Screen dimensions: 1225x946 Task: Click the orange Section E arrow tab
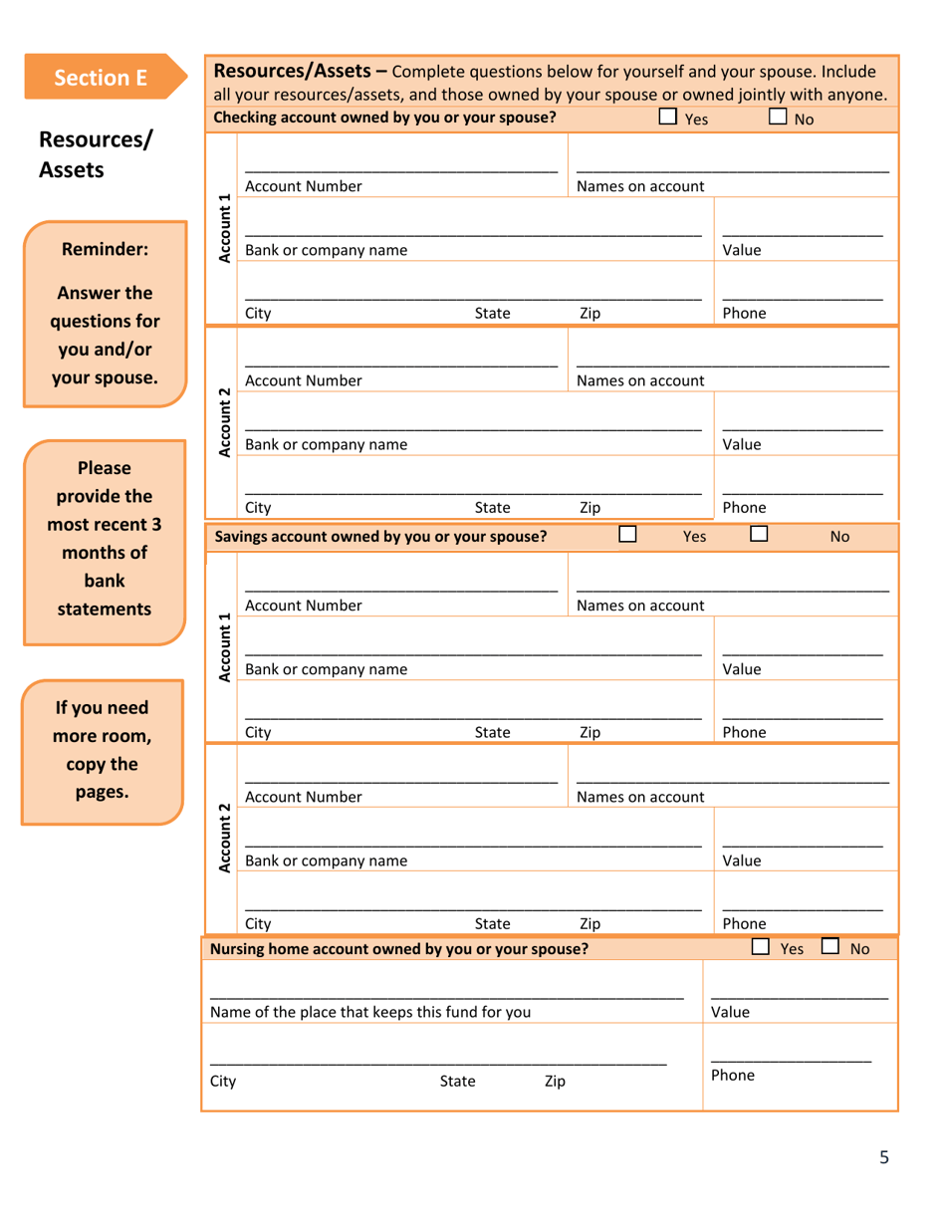coord(104,77)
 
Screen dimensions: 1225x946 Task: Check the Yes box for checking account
coord(667,118)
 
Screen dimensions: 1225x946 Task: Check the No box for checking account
coord(778,118)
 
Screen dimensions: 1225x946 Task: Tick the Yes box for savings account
coord(627,534)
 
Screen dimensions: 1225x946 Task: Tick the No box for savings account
coord(759,534)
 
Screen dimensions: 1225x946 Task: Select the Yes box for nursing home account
coord(761,947)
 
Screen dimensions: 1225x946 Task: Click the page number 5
coord(883,1156)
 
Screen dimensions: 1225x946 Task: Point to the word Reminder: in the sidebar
coord(105,250)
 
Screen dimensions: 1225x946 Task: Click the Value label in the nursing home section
coord(730,1012)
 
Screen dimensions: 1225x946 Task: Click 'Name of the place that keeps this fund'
coord(369,1012)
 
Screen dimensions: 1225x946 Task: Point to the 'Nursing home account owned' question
coord(399,949)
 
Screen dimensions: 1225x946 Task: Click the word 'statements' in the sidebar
coord(105,609)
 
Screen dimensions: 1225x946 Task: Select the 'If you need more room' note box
coord(103,751)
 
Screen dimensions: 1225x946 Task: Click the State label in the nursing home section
coord(457,1082)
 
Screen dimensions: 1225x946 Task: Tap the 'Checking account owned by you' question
coord(384,119)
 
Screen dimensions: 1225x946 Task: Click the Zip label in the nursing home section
coord(555,1082)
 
